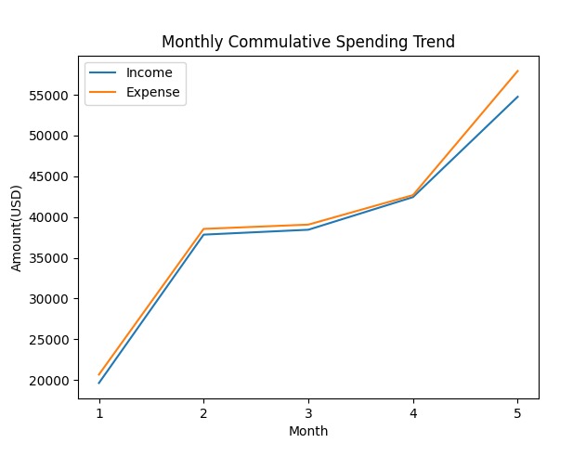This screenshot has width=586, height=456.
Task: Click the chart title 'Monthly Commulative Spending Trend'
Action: (307, 42)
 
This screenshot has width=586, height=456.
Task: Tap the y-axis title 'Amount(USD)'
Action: (17, 227)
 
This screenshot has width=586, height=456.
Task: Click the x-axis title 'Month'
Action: (307, 431)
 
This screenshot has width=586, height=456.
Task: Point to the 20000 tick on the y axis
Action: (48, 381)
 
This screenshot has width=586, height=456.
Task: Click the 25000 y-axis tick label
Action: (48, 340)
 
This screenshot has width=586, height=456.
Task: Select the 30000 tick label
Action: (48, 299)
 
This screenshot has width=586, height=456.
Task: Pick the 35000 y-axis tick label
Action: (48, 258)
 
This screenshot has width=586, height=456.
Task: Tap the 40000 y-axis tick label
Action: (48, 217)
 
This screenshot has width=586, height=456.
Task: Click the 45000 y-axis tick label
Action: (48, 176)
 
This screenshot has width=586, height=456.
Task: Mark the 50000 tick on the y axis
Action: (48, 136)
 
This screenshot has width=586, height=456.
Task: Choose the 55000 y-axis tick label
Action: (48, 96)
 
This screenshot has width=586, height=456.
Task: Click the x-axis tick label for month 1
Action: (98, 412)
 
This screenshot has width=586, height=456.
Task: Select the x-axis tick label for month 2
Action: (203, 412)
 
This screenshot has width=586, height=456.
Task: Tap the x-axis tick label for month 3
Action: (308, 412)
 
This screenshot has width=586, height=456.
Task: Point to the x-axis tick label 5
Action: (517, 412)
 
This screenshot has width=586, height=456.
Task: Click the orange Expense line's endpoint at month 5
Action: (517, 71)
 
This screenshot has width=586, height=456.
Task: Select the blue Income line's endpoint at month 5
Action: (517, 97)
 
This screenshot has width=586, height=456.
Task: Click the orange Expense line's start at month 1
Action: (98, 375)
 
